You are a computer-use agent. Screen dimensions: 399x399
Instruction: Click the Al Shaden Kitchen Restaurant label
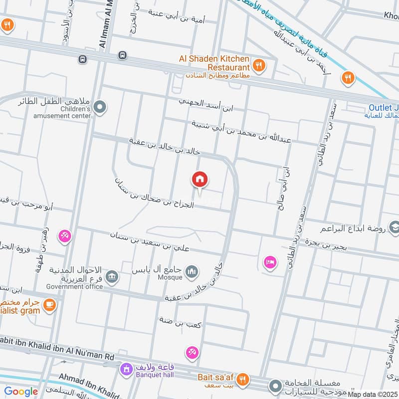coord(214,63)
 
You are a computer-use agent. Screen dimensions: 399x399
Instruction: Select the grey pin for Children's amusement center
coord(100,107)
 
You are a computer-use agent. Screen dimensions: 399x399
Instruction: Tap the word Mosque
coord(170,277)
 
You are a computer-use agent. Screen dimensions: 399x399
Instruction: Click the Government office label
coord(74,286)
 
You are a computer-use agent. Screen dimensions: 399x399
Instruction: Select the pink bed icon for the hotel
coord(270,261)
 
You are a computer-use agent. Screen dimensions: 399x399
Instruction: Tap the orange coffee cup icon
coord(49,304)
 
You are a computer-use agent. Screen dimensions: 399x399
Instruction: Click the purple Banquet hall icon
coord(126,370)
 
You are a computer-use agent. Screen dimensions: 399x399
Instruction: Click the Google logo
coord(21,392)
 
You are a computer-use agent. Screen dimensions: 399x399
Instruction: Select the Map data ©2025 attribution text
coord(373,395)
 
